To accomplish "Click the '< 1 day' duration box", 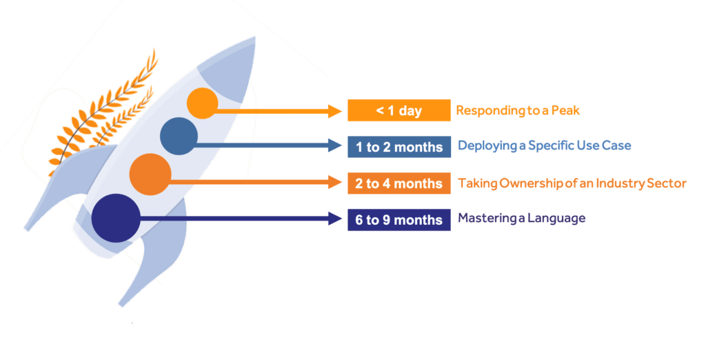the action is [399, 110].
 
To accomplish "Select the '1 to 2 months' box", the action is [399, 147].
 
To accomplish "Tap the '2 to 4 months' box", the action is [399, 183].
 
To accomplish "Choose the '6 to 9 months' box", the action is [399, 220].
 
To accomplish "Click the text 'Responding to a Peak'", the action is [518, 110].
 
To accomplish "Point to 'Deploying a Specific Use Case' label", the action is [545, 146].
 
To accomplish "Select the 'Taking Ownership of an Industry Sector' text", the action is [572, 183].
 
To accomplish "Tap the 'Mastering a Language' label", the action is [522, 219].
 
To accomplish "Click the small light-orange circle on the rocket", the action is [203, 103].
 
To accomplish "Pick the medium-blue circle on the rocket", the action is [179, 137].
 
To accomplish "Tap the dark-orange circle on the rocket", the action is [150, 174].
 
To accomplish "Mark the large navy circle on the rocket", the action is [116, 218].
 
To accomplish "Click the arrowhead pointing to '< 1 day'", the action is [335, 111].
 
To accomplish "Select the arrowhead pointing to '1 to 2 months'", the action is [335, 145].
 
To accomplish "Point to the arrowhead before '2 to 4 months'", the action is [335, 182].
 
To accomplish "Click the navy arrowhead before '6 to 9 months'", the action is [335, 219].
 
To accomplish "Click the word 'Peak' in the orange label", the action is [565, 110].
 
